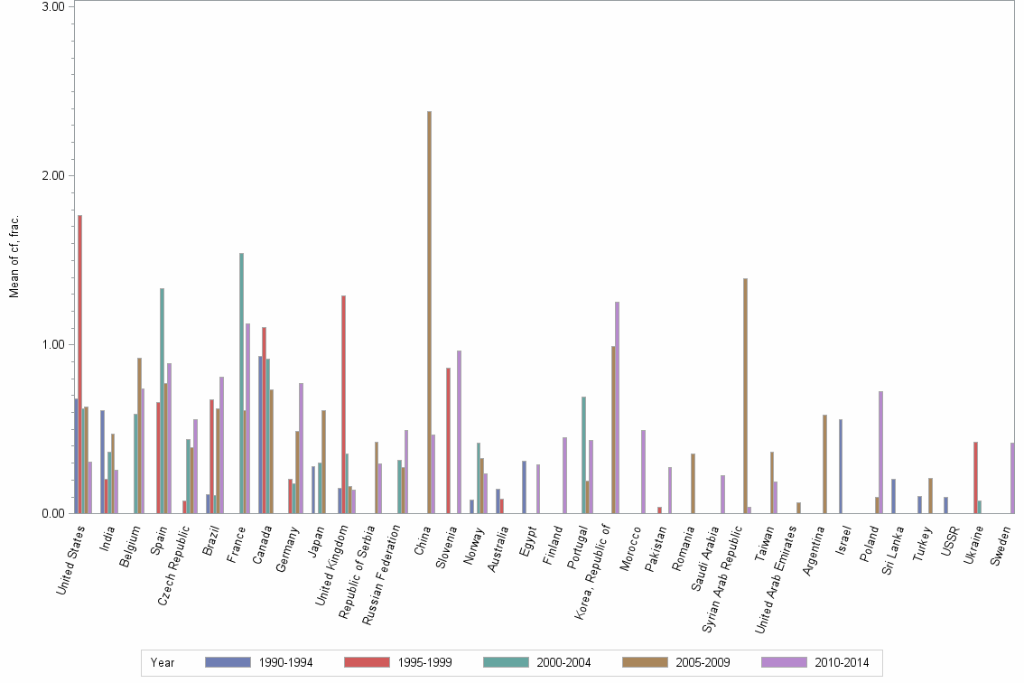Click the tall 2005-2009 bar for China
(429, 312)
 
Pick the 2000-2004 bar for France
(241, 383)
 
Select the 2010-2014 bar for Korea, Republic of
(618, 407)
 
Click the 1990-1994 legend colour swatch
(227, 662)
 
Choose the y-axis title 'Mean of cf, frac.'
(14, 257)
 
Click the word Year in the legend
(163, 663)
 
